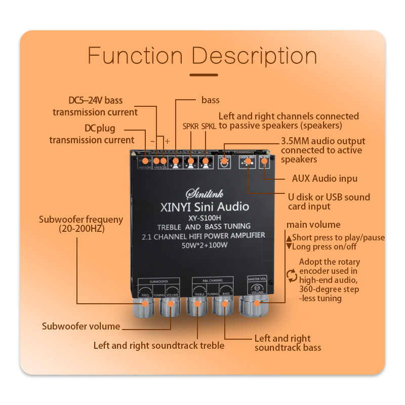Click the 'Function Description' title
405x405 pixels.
coord(202,56)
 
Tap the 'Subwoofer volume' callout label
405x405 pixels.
coord(81,327)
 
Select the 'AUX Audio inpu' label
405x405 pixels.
coord(325,178)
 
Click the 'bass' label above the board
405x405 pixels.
coord(210,100)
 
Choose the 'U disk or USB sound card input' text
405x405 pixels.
coord(329,201)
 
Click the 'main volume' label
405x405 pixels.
coord(313,224)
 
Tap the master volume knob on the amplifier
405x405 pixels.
coord(257,304)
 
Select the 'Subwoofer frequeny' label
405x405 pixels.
coord(81,224)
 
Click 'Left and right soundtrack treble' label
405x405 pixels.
coord(158,346)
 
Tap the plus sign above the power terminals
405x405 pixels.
coord(167,141)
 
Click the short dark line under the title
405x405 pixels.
coord(202,75)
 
